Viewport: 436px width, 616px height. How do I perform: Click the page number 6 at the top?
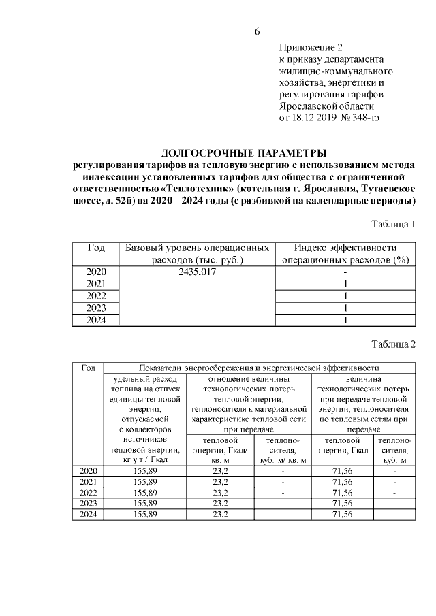(258, 31)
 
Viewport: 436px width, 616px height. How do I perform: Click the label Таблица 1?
(393, 224)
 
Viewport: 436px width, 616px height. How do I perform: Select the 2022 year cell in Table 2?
(88, 492)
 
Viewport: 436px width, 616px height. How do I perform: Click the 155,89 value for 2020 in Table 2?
(144, 470)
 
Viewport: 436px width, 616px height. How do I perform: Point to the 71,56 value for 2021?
(339, 481)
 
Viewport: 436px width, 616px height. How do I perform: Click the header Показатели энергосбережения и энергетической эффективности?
(258, 368)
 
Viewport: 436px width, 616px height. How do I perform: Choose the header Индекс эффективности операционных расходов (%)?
(345, 253)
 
